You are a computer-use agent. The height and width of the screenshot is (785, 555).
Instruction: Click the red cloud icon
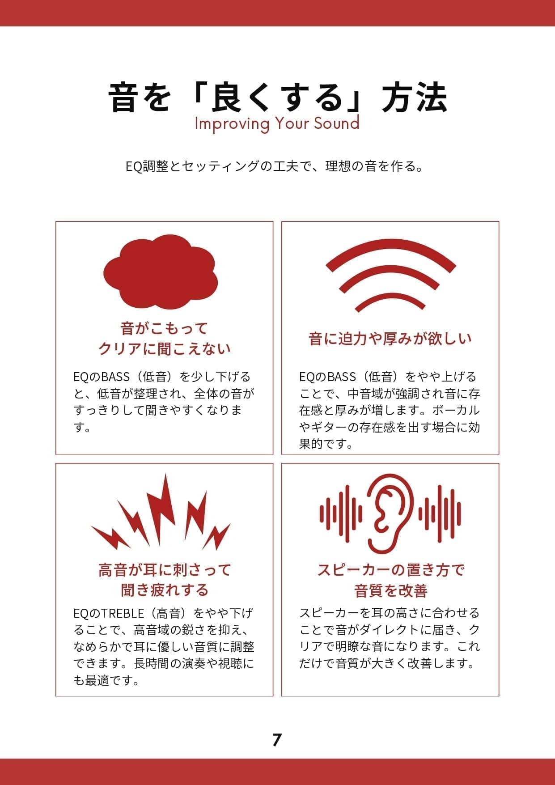click(161, 272)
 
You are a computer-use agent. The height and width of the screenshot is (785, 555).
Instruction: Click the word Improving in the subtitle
click(232, 124)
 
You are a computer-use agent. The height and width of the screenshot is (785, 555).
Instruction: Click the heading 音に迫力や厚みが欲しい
click(390, 338)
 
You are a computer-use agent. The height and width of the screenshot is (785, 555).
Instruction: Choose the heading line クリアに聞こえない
click(164, 348)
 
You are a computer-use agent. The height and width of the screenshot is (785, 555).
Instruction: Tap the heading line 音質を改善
click(390, 590)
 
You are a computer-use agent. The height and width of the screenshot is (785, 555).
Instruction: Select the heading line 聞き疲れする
click(164, 590)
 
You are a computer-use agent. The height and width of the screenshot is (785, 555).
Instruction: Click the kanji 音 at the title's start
click(123, 97)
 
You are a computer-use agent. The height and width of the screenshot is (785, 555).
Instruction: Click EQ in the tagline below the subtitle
click(134, 167)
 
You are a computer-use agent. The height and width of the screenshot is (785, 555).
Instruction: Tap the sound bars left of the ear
click(341, 513)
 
